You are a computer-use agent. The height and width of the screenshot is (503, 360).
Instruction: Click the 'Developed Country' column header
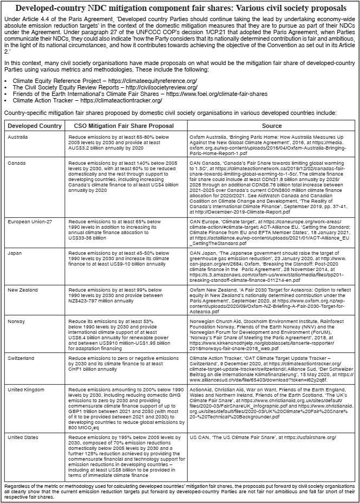(x=35, y=126)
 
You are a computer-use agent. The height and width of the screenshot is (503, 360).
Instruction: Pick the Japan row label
(x=15, y=252)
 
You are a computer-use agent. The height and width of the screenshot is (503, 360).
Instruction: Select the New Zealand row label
(x=23, y=290)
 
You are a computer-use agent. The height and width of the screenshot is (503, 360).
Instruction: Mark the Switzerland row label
(x=21, y=359)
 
